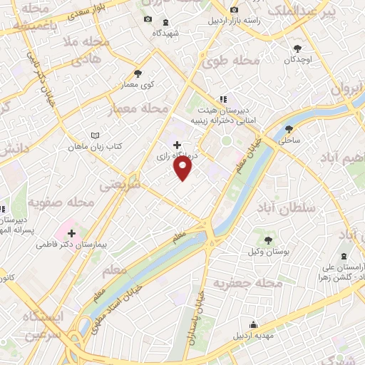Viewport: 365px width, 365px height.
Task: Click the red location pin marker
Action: click(x=184, y=168)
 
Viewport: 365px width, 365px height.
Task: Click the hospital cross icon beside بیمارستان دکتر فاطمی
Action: click(x=71, y=232)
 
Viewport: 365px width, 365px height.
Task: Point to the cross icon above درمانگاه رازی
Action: click(x=177, y=144)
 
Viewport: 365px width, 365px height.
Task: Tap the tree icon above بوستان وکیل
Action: click(x=268, y=240)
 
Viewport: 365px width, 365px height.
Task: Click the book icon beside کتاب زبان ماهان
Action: click(x=95, y=135)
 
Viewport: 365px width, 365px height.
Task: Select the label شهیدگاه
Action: click(x=165, y=33)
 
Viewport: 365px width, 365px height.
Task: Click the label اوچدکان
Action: click(x=297, y=59)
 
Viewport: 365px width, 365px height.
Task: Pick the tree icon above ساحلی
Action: click(x=289, y=130)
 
